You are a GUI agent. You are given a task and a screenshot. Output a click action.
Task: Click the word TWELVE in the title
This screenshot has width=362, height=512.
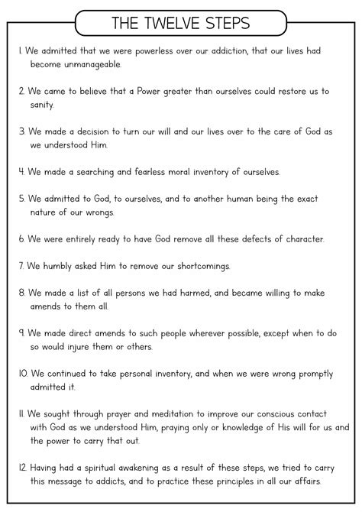click(181, 23)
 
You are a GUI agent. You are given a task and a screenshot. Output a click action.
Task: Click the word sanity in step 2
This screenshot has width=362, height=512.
click(43, 104)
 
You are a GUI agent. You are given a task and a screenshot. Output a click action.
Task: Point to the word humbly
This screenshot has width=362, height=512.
click(65, 265)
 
